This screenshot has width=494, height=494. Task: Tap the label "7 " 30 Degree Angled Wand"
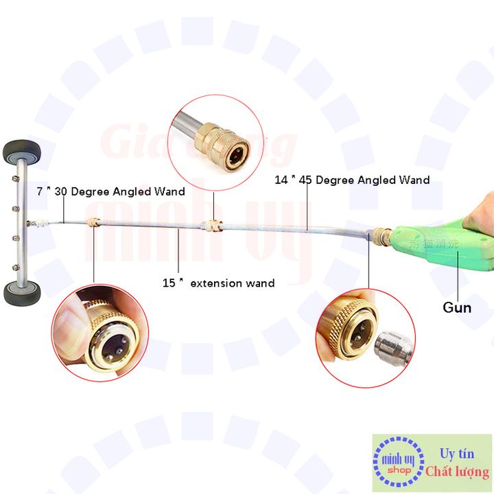point(110,191)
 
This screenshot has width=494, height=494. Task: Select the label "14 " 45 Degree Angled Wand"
point(352,180)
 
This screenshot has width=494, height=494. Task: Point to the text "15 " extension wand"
point(218,283)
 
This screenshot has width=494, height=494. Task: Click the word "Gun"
point(456,307)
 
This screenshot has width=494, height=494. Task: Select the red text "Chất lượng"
point(457,472)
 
